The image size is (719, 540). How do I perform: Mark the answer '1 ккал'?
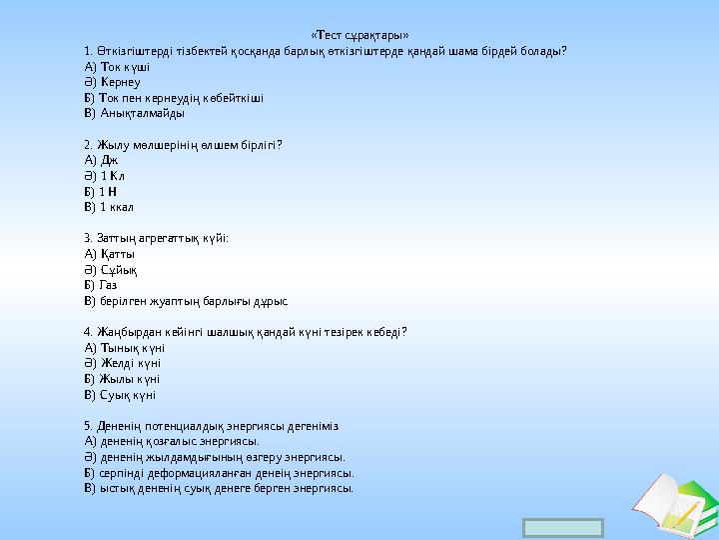click(x=117, y=207)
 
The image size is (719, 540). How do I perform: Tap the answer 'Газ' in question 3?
click(x=109, y=285)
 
